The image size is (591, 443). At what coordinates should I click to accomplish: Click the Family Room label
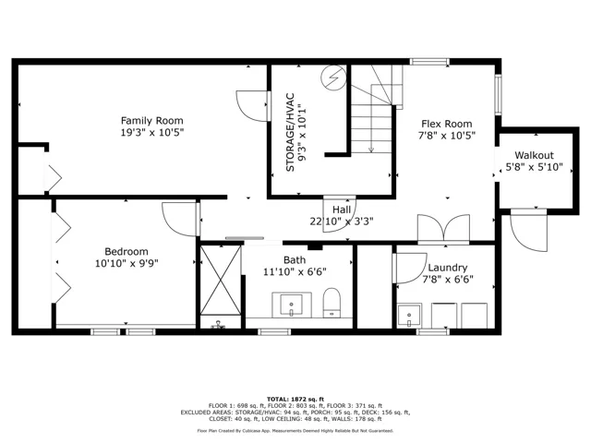click(151, 121)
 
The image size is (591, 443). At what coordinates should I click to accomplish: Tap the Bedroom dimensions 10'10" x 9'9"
click(127, 263)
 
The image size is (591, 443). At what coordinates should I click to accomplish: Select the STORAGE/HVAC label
click(290, 132)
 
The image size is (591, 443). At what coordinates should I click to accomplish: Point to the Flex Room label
click(447, 124)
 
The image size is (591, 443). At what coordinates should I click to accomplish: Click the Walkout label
click(534, 155)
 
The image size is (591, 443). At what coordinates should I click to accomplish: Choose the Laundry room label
click(448, 268)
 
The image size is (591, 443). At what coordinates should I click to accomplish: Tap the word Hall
click(342, 210)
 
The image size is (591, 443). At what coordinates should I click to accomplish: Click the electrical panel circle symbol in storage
click(333, 78)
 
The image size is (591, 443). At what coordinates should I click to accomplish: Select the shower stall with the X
click(221, 280)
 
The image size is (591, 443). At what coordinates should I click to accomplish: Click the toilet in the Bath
click(332, 303)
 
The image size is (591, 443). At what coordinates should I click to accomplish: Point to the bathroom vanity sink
click(292, 305)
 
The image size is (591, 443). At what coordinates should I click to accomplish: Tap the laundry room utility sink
click(409, 316)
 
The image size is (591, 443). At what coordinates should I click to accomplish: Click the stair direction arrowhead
click(371, 150)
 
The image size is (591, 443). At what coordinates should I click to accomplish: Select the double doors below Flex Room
click(443, 228)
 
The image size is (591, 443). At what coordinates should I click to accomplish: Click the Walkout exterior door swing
click(528, 231)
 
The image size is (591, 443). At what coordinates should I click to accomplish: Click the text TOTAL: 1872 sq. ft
click(295, 400)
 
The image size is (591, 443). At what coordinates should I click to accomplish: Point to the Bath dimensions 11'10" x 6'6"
click(295, 271)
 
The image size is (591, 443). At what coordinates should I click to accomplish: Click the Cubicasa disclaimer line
click(295, 431)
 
